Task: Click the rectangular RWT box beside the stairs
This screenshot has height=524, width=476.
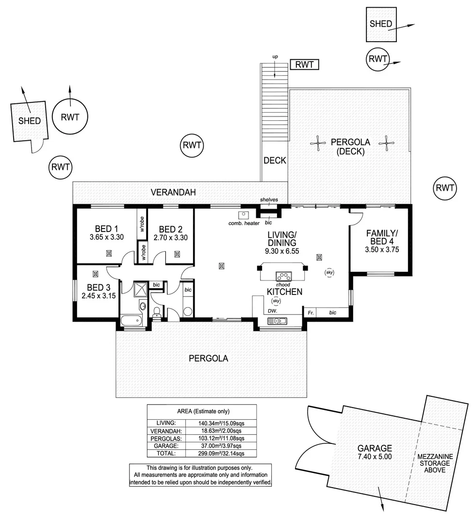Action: (x=304, y=65)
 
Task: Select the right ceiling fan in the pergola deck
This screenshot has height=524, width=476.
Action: (x=387, y=142)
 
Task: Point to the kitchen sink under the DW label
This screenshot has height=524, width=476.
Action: (x=277, y=321)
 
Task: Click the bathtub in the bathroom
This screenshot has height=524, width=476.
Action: (x=131, y=320)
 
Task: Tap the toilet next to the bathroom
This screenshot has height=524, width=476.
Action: (x=157, y=313)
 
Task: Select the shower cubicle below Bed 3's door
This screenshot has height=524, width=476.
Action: (x=142, y=289)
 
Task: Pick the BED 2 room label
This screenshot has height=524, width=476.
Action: (x=170, y=229)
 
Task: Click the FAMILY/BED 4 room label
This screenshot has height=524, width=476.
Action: (x=382, y=237)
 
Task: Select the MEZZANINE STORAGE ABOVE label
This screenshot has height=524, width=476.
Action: (x=435, y=463)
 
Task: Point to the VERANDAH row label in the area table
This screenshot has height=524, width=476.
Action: (x=166, y=430)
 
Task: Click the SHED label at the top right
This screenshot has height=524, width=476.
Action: (x=380, y=24)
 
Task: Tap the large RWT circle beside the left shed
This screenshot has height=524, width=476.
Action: (x=70, y=117)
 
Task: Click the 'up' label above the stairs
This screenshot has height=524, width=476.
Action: (x=275, y=57)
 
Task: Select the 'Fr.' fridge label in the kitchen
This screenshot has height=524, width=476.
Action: (x=311, y=313)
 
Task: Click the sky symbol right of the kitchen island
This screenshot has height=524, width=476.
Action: (x=329, y=273)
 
